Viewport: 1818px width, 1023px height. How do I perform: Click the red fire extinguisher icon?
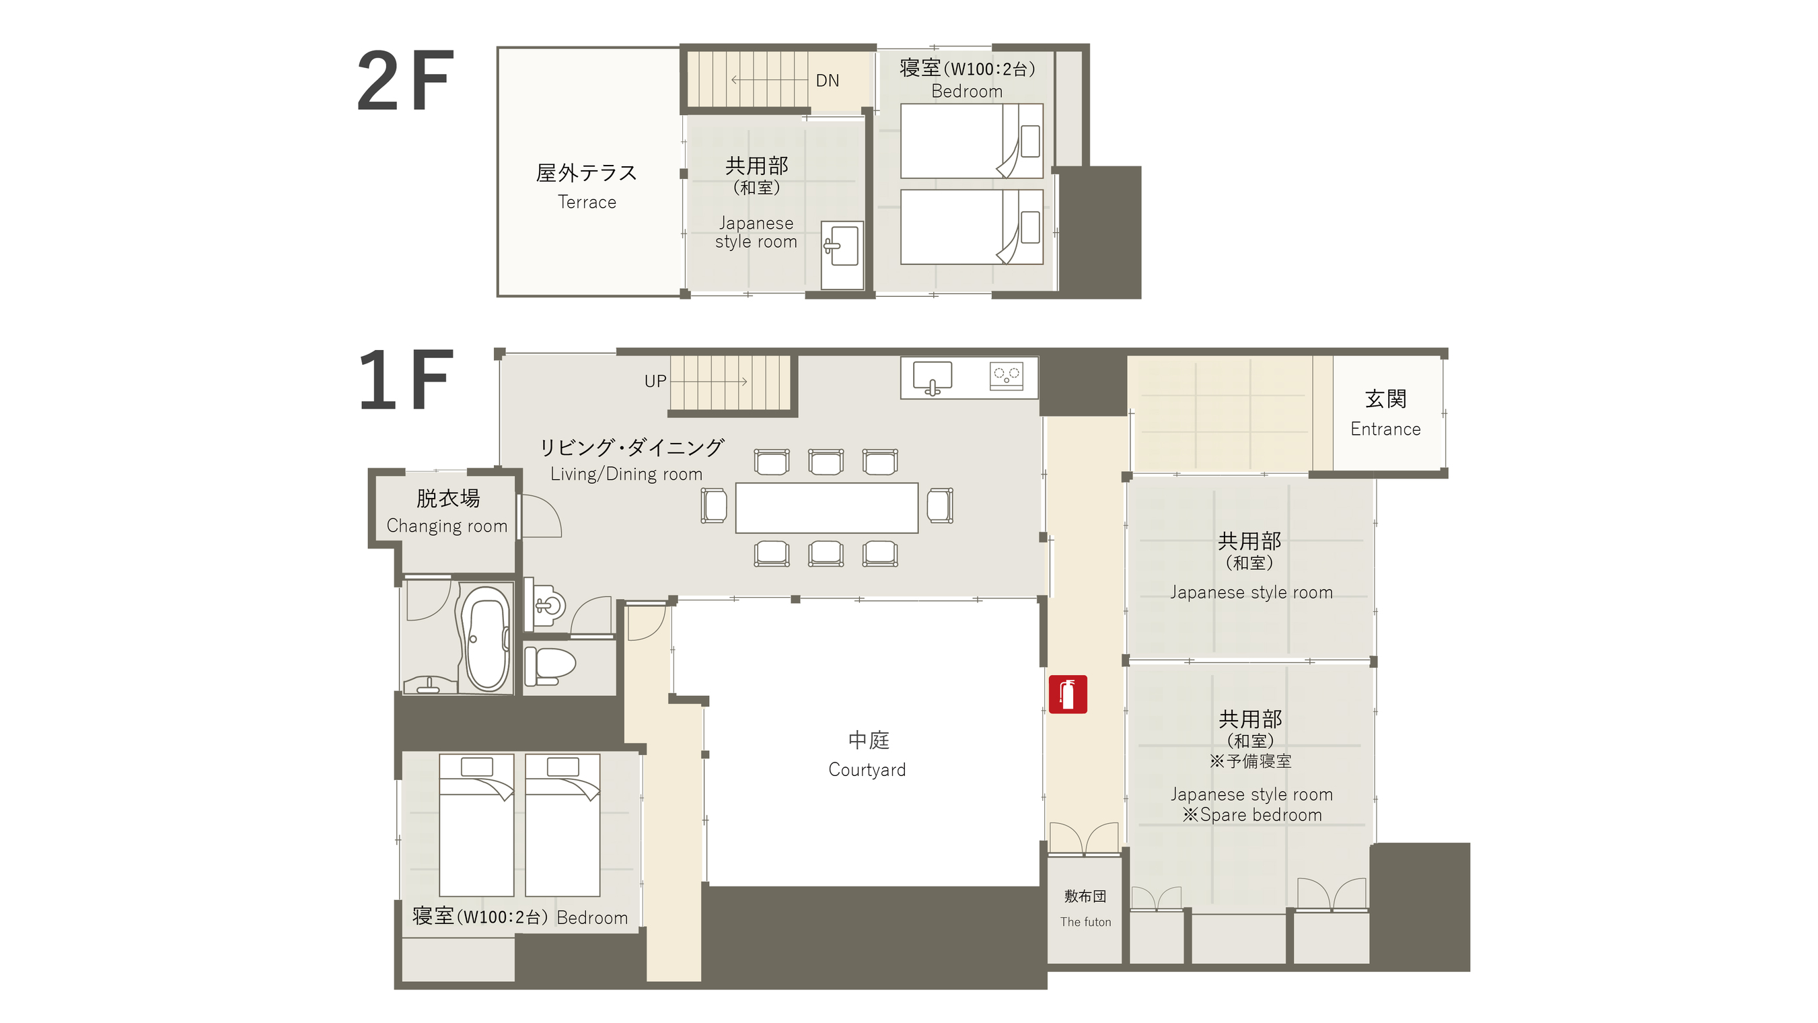tap(1067, 695)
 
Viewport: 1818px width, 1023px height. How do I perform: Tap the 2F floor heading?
tap(405, 81)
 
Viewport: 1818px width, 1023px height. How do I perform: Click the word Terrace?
tap(587, 202)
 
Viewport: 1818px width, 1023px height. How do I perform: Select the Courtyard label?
tap(867, 769)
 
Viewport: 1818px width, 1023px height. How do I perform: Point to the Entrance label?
tap(1385, 429)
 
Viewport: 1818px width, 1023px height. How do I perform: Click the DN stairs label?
tap(827, 81)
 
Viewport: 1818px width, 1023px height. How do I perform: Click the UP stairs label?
tap(655, 381)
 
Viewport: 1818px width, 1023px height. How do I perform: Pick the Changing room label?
tap(447, 526)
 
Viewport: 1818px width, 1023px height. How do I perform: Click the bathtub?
tap(486, 638)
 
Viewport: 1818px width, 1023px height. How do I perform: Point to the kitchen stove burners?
tap(1007, 375)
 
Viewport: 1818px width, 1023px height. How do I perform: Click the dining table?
tap(826, 507)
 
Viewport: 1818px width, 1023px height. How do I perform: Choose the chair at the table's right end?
tap(940, 505)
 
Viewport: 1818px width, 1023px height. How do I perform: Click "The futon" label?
tap(1085, 922)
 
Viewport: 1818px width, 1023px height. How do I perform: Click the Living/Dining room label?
tap(626, 474)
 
